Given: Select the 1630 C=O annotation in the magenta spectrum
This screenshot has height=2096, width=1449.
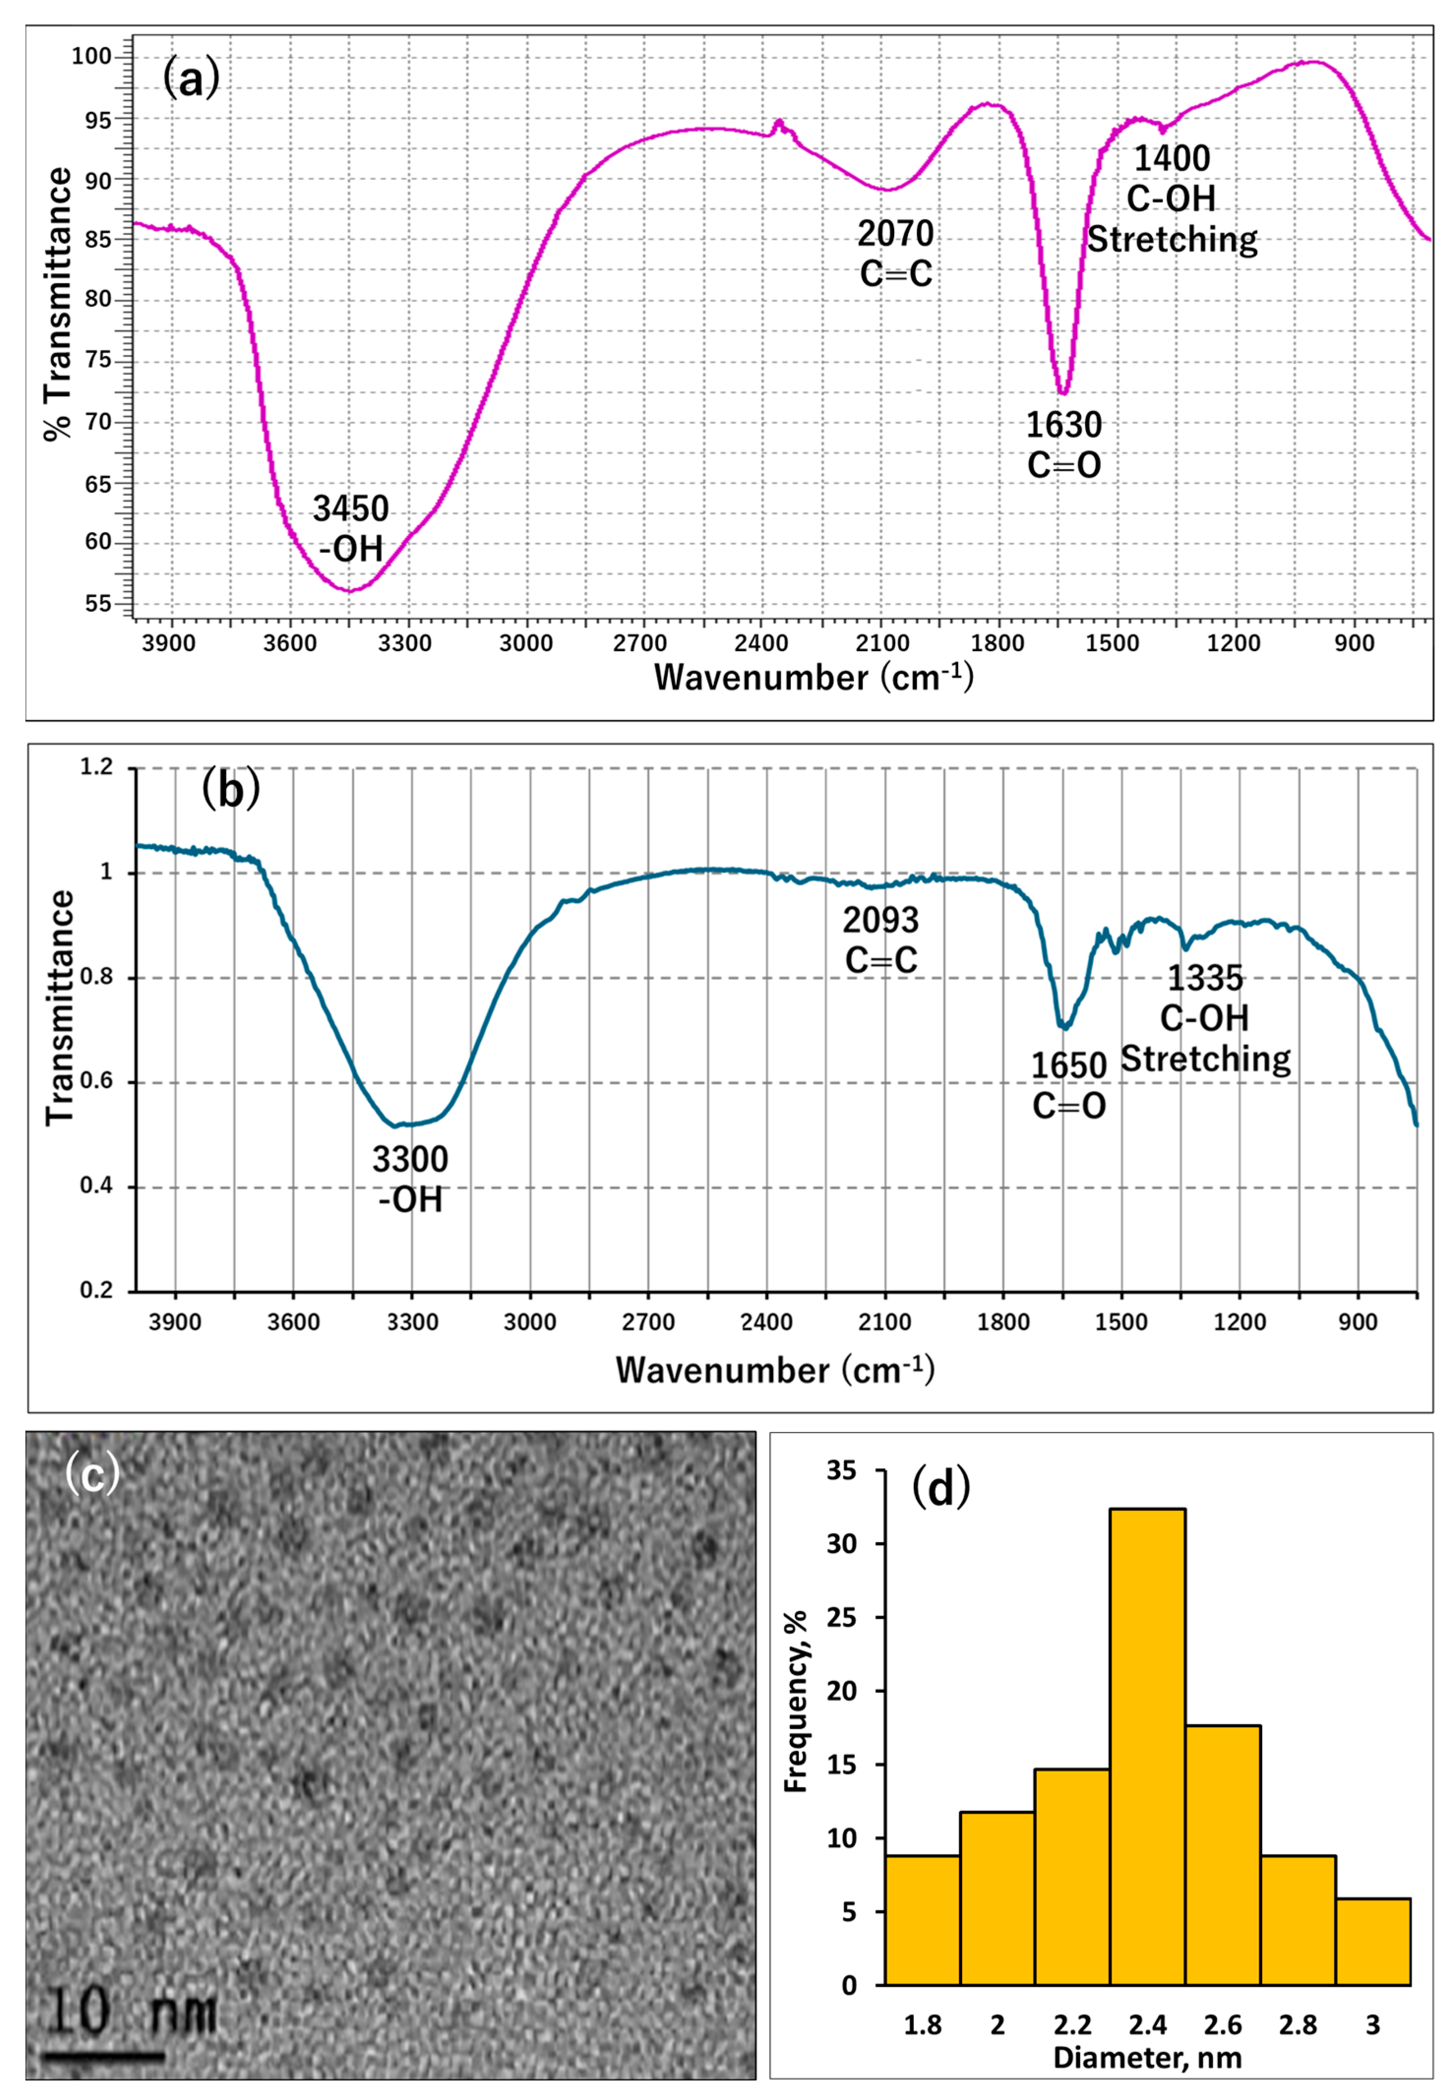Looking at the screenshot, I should pos(1063,445).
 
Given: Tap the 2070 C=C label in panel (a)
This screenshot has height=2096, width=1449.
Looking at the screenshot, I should pos(895,253).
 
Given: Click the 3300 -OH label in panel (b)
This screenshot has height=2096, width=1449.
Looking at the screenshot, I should pos(410,1179).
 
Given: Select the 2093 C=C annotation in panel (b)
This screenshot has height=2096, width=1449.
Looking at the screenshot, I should pos(880,940).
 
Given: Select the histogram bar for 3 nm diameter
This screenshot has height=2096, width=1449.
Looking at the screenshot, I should pos(1372,1941).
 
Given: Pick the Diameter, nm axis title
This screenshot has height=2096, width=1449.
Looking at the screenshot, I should pos(1147,2058).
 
